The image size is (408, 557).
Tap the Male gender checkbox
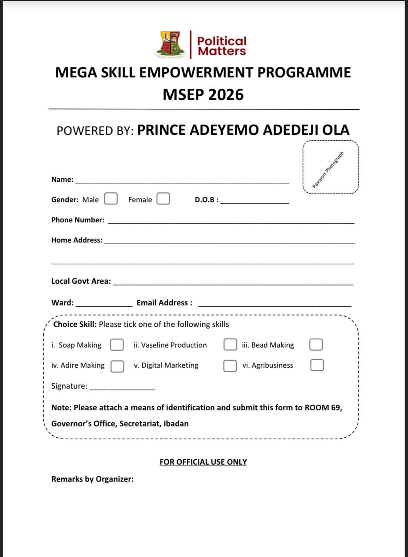[x=111, y=199]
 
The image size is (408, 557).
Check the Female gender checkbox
[x=163, y=199]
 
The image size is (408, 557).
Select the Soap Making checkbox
[x=117, y=345]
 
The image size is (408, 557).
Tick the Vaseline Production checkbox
[x=230, y=345]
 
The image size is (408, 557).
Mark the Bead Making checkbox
[x=316, y=345]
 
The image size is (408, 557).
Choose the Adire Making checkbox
[x=117, y=366]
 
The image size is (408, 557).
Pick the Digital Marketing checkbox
[x=230, y=366]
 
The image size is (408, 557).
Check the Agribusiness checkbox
[x=317, y=365]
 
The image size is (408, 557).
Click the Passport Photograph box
[x=330, y=168]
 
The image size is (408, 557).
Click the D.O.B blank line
[x=254, y=202]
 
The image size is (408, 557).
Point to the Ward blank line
[x=104, y=305]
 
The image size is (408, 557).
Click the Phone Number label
[x=78, y=220]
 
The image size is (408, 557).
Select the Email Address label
[x=164, y=302]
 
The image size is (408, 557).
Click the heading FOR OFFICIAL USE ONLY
[x=203, y=462]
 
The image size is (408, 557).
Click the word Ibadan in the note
[x=176, y=423]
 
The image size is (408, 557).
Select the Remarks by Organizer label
[x=92, y=479]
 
